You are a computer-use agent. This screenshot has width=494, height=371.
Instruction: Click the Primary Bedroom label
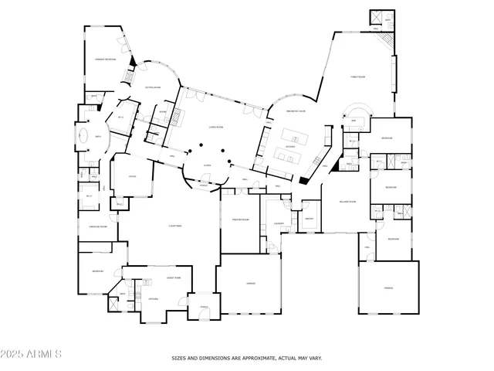[105, 60]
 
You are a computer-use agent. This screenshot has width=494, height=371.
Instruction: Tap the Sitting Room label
[152, 87]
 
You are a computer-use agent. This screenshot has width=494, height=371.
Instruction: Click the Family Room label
[357, 77]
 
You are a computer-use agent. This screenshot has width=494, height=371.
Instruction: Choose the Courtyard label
[175, 226]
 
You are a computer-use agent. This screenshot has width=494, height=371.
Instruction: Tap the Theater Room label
[240, 220]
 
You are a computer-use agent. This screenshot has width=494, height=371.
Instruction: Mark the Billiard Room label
[347, 202]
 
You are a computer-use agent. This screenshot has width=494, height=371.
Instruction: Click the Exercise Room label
[97, 226]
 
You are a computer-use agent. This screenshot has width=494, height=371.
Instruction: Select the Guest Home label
[174, 277]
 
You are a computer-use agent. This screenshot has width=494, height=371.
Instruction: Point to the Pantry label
[309, 220]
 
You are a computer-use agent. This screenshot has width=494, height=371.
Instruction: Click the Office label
[132, 176]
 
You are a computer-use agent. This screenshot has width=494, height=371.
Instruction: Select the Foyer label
[207, 165]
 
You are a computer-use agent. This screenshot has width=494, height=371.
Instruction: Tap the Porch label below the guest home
[205, 307]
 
